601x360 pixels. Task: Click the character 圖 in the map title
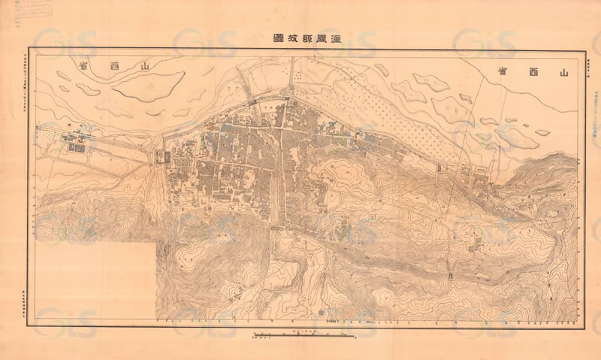point(276,38)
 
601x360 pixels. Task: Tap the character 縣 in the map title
point(308,38)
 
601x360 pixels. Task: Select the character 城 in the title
point(291,38)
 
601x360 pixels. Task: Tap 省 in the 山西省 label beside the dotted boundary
point(502,71)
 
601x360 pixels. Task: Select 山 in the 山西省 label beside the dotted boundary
point(557,72)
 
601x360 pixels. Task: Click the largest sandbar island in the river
point(148,86)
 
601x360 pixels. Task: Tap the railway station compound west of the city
point(75,141)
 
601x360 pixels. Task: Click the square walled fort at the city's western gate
point(161,157)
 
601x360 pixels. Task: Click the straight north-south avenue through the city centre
point(279,180)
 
